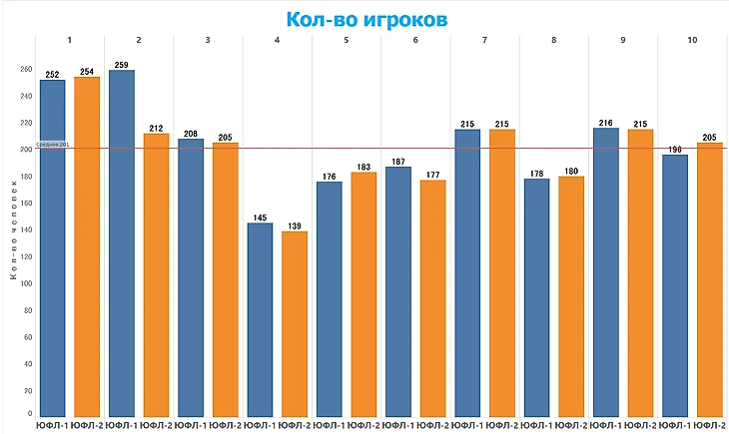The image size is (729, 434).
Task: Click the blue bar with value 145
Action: click(x=260, y=319)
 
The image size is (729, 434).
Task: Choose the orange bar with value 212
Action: click(x=156, y=274)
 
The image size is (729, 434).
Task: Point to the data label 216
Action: click(x=606, y=122)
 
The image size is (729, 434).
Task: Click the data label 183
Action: click(x=364, y=167)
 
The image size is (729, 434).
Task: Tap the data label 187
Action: click(x=398, y=161)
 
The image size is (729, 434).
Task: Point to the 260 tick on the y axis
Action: click(x=25, y=70)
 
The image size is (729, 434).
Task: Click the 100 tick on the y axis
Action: click(x=25, y=283)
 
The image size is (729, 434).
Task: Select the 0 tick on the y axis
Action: click(x=29, y=412)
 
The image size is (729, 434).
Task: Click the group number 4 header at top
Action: click(x=277, y=40)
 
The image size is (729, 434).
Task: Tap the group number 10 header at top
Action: click(x=692, y=40)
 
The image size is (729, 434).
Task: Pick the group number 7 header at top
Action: click(x=484, y=40)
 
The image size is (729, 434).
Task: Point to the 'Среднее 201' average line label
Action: click(x=52, y=145)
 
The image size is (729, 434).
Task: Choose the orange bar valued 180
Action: click(x=571, y=295)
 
